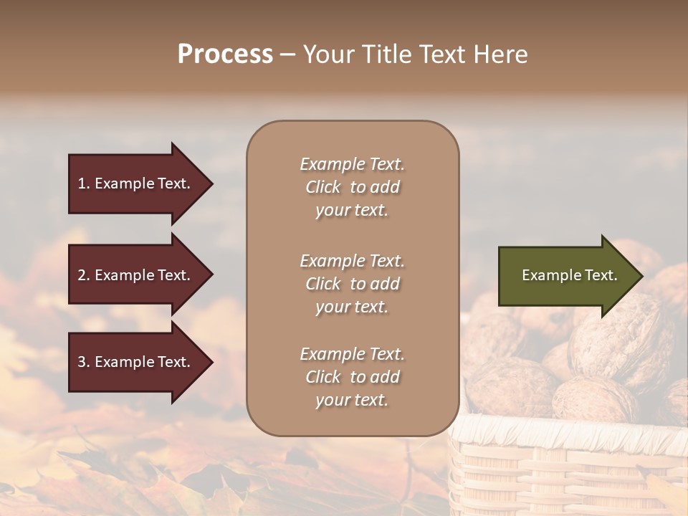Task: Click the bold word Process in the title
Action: click(225, 54)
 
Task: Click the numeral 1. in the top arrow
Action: click(83, 183)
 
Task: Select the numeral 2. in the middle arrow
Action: click(83, 275)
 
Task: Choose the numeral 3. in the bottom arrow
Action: click(83, 362)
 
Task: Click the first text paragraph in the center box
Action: click(352, 187)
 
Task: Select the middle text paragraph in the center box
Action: click(352, 284)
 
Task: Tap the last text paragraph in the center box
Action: click(352, 377)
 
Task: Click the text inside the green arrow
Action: click(569, 275)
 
